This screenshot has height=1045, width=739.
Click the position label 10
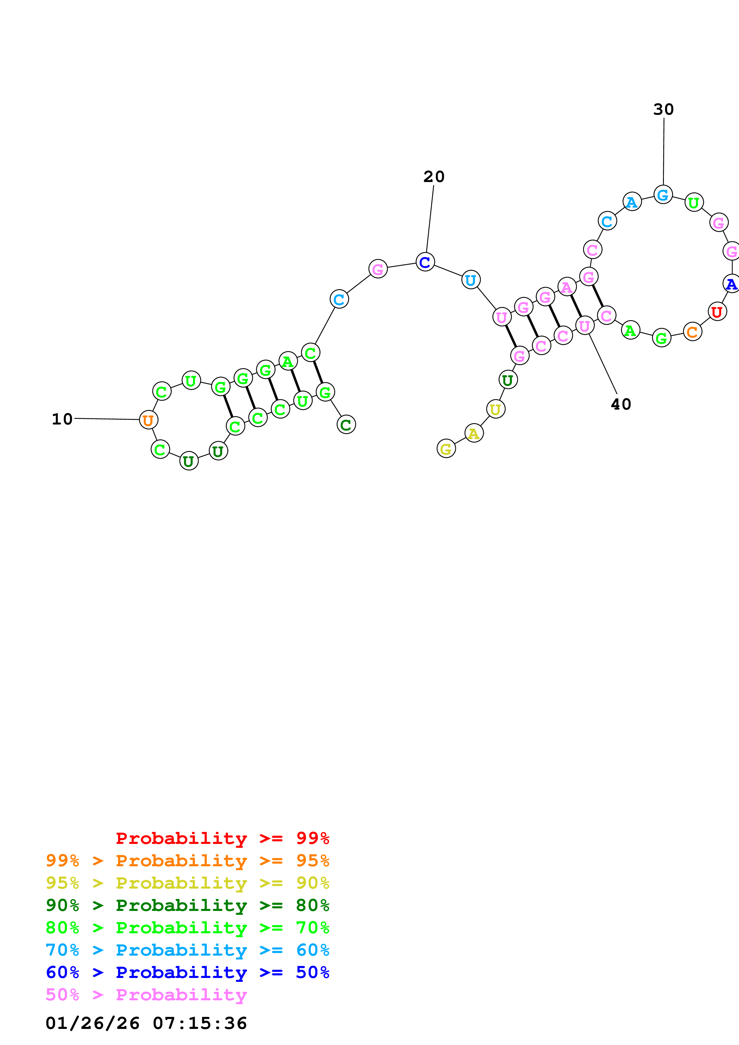click(62, 419)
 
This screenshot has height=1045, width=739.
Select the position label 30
click(663, 109)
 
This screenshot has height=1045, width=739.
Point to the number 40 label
click(621, 404)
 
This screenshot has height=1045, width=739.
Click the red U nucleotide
click(717, 312)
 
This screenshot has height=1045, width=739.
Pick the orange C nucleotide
click(692, 332)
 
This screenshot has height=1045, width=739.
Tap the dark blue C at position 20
click(425, 262)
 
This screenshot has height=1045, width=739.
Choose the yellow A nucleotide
click(474, 433)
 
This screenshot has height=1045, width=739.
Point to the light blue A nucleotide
click(632, 202)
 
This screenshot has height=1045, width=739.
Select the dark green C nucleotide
click(346, 425)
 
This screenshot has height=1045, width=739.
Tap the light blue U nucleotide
click(470, 280)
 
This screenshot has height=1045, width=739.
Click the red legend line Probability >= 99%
click(222, 838)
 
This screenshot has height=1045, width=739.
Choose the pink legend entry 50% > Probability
click(146, 995)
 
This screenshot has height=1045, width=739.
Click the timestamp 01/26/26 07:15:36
click(146, 1023)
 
